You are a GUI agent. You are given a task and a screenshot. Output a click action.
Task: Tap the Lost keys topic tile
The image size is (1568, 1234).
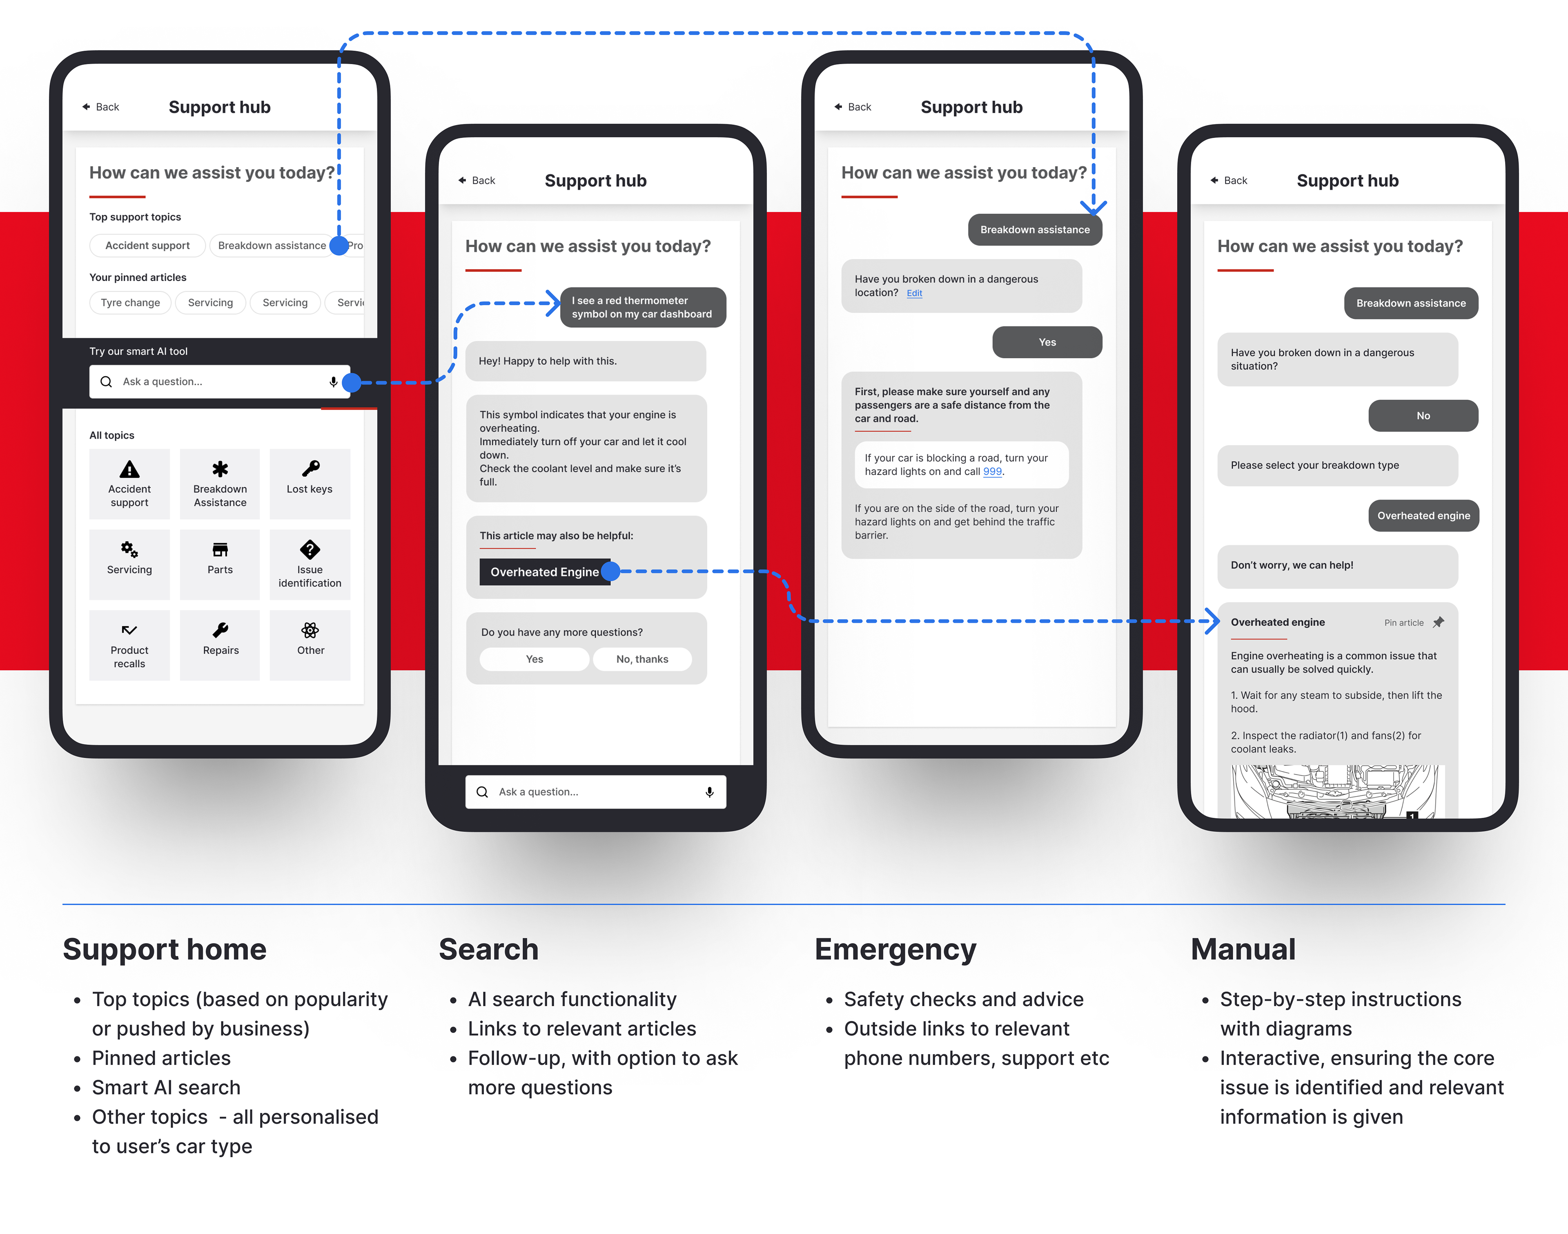tap(310, 483)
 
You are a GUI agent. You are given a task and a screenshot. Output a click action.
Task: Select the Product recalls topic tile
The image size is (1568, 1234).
tap(129, 645)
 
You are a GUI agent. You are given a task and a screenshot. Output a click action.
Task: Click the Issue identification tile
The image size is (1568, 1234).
tap(310, 564)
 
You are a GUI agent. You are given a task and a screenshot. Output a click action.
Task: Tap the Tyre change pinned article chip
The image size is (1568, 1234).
tap(130, 303)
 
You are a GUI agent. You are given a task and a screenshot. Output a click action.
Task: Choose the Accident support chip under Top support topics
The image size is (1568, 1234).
tap(147, 245)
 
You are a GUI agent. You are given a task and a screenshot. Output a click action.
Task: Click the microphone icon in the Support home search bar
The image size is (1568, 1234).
tap(333, 382)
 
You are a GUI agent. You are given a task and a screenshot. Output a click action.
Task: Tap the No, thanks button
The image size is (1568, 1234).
tap(642, 659)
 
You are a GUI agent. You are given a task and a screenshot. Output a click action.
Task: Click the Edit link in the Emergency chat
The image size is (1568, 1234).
tap(914, 293)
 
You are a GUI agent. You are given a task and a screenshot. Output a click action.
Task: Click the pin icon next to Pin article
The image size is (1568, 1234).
tap(1438, 622)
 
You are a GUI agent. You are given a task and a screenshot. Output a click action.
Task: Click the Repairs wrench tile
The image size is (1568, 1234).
tap(220, 645)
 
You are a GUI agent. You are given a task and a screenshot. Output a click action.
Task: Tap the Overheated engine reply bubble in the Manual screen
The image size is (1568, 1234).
tap(1423, 516)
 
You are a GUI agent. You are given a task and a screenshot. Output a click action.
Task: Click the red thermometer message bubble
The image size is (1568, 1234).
tap(642, 307)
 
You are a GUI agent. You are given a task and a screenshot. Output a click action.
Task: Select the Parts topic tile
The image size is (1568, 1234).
tap(220, 564)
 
